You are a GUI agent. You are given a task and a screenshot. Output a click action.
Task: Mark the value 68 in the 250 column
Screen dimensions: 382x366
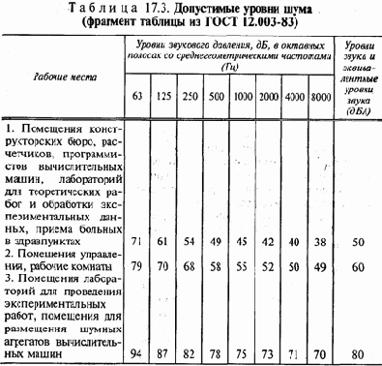pyautogui.click(x=191, y=266)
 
